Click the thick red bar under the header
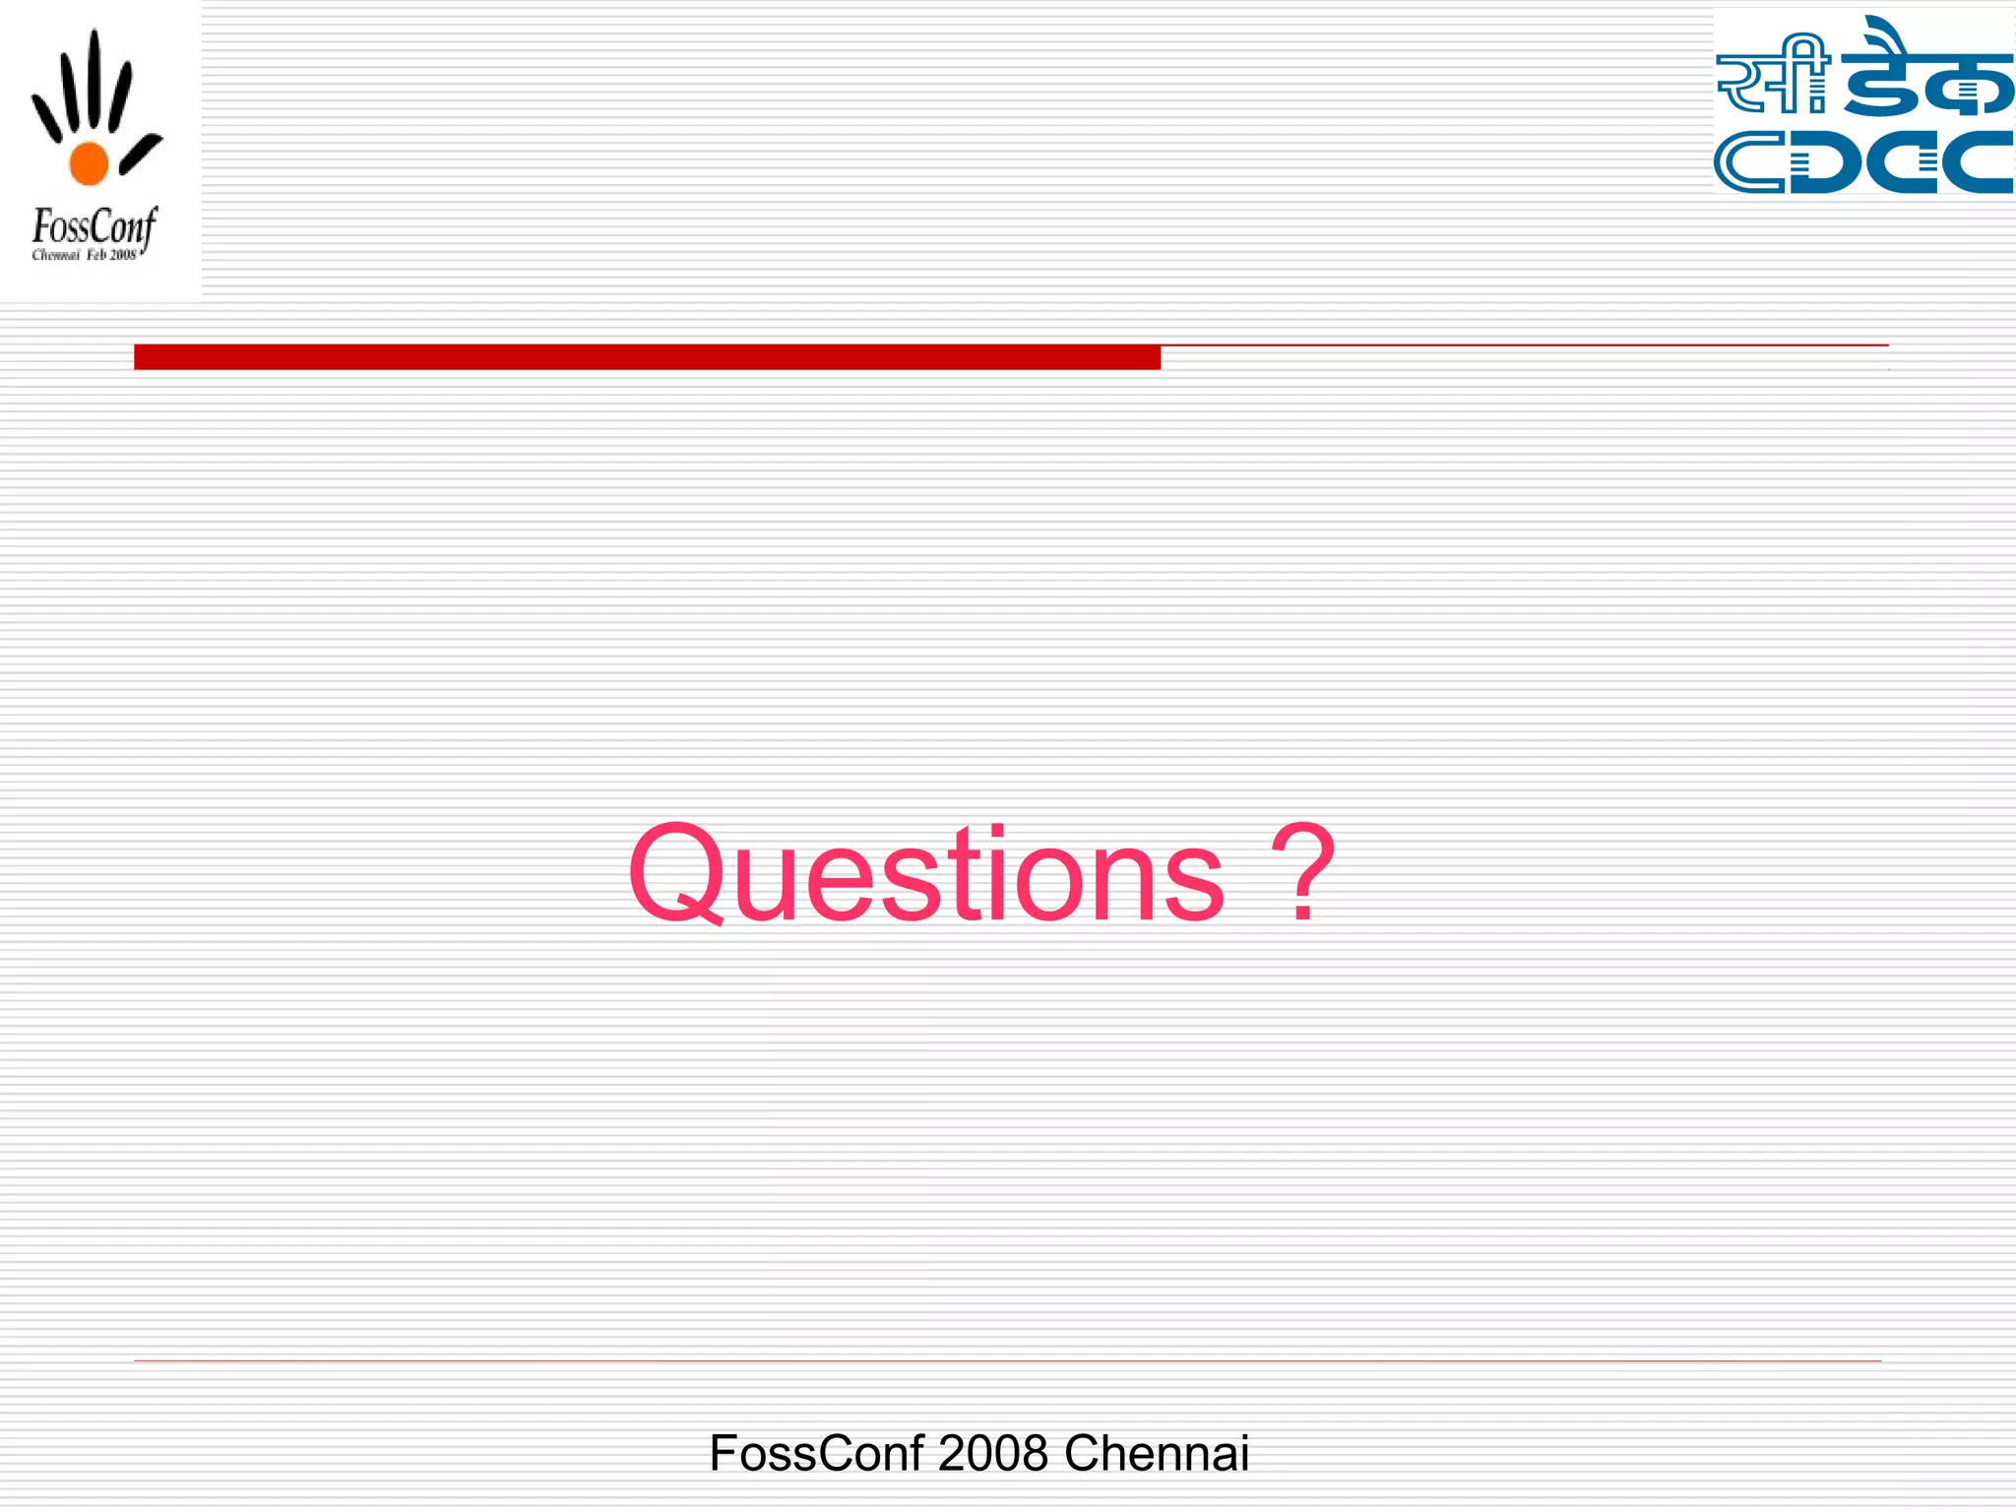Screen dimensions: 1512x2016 [x=647, y=356]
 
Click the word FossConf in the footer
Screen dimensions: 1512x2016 [x=816, y=1453]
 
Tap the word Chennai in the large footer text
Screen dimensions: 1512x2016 [x=1156, y=1453]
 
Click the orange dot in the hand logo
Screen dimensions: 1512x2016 [x=89, y=163]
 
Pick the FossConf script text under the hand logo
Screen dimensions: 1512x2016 [x=94, y=228]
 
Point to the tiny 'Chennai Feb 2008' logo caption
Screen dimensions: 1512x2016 [x=85, y=256]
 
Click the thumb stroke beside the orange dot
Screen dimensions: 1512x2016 [x=141, y=154]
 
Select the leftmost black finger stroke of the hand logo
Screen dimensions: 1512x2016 [x=46, y=116]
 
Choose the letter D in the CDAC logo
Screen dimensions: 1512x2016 [x=1829, y=162]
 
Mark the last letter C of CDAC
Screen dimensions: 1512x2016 [x=1979, y=162]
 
